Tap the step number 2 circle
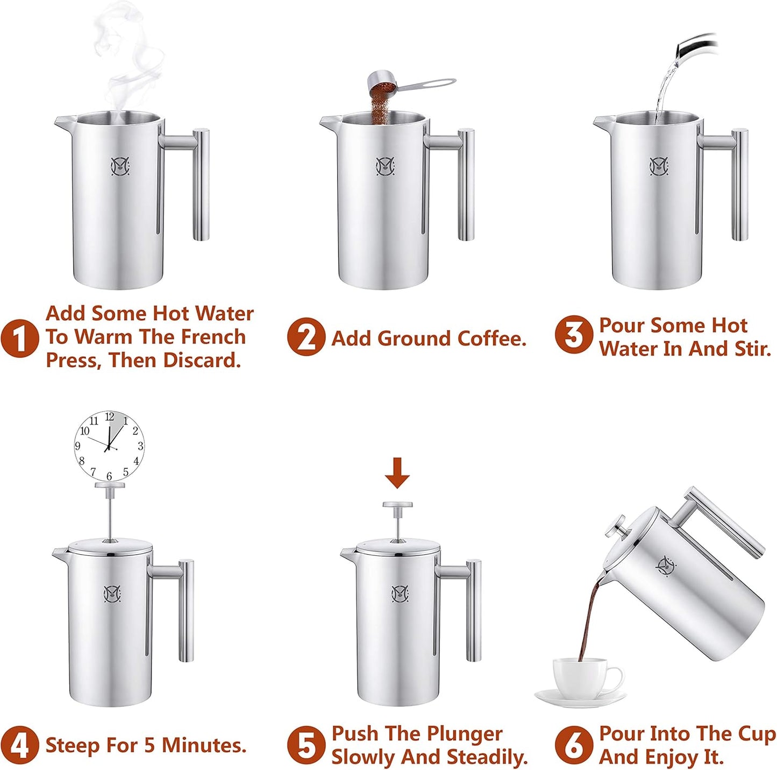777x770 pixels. [x=305, y=337]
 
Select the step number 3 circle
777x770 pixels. [x=573, y=335]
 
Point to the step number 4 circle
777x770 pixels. [x=19, y=745]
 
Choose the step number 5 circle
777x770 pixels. [x=305, y=745]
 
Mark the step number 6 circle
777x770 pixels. [x=573, y=745]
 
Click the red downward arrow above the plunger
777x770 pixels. [x=397, y=472]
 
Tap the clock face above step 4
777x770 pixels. [x=109, y=446]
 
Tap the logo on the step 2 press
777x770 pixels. [x=385, y=166]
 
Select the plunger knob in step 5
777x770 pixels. [x=397, y=505]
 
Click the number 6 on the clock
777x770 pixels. [x=109, y=476]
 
